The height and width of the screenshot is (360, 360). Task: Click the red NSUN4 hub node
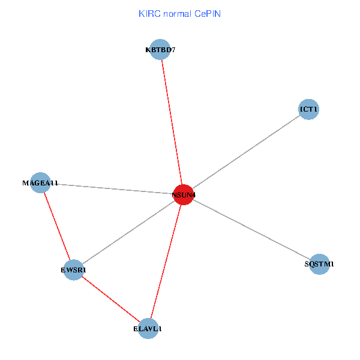pyautogui.click(x=183, y=194)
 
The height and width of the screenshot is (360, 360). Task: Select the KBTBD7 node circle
pyautogui.click(x=160, y=50)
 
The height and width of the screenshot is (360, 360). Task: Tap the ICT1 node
pyautogui.click(x=309, y=109)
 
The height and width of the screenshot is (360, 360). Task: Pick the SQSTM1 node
pyautogui.click(x=320, y=264)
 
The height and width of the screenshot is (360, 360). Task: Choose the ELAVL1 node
pyautogui.click(x=148, y=329)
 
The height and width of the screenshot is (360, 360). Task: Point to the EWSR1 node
pyautogui.click(x=74, y=270)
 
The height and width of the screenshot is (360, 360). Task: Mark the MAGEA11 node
pyautogui.click(x=40, y=183)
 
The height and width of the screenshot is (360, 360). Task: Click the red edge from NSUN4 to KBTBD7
pyautogui.click(x=172, y=122)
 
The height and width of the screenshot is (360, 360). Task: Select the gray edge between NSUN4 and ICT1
pyautogui.click(x=246, y=152)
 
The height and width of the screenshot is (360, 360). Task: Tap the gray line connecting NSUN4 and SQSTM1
pyautogui.click(x=251, y=229)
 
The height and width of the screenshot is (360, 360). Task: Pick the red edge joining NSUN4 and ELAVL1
pyautogui.click(x=166, y=262)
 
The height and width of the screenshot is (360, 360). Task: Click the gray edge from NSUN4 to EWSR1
pyautogui.click(x=128, y=232)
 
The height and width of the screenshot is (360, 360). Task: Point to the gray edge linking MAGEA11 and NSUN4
pyautogui.click(x=112, y=188)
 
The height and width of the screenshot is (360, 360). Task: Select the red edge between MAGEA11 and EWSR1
pyautogui.click(x=57, y=227)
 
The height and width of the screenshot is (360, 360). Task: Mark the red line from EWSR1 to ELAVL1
pyautogui.click(x=111, y=299)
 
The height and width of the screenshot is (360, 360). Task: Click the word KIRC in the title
pyautogui.click(x=149, y=14)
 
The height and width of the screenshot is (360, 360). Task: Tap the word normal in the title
pyautogui.click(x=177, y=14)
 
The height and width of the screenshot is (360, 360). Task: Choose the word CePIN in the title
pyautogui.click(x=208, y=14)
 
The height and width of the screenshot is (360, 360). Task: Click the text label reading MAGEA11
pyautogui.click(x=40, y=183)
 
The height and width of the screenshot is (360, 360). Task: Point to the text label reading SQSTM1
pyautogui.click(x=320, y=264)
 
